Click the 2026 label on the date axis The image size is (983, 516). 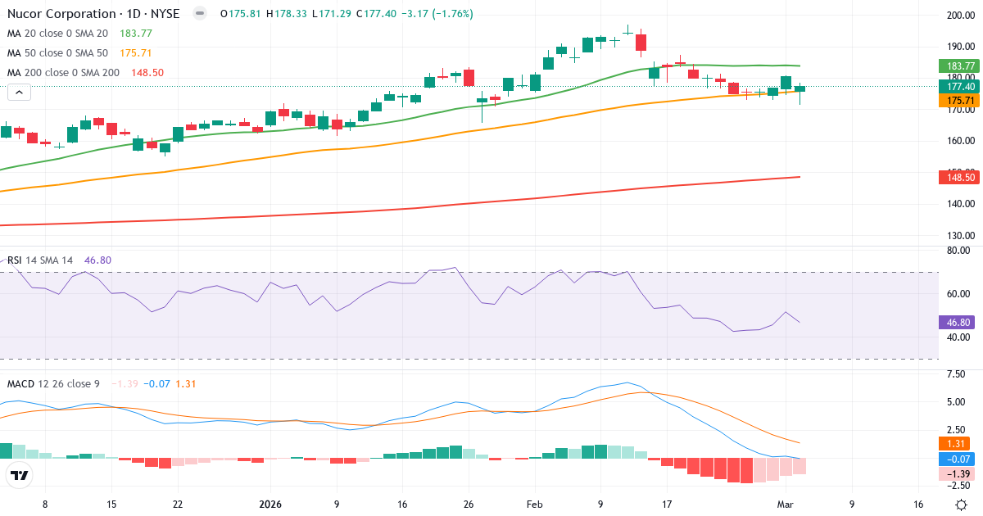270,505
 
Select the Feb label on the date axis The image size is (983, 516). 533,505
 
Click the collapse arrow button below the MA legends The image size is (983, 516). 19,93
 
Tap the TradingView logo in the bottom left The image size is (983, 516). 20,476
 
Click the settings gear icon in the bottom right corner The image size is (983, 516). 960,505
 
